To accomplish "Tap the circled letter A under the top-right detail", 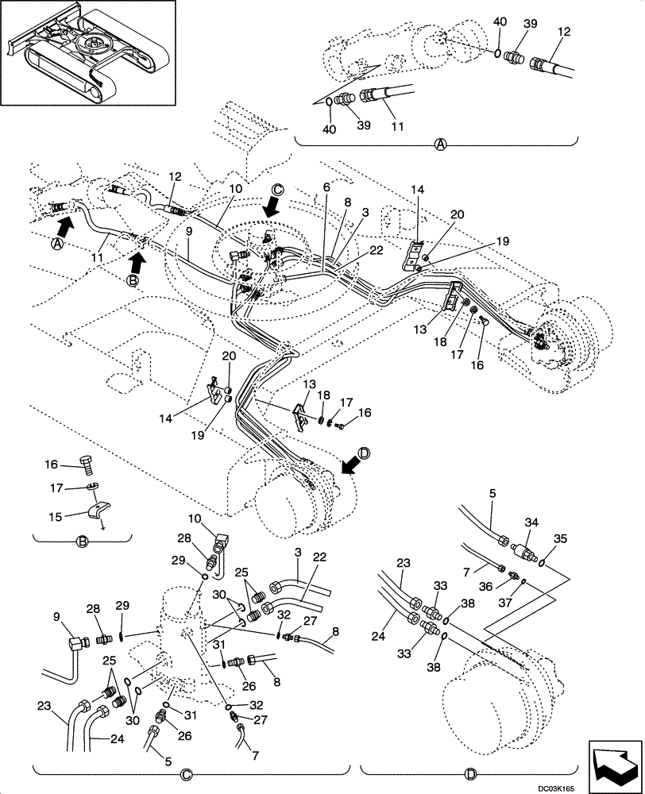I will tap(440, 145).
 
